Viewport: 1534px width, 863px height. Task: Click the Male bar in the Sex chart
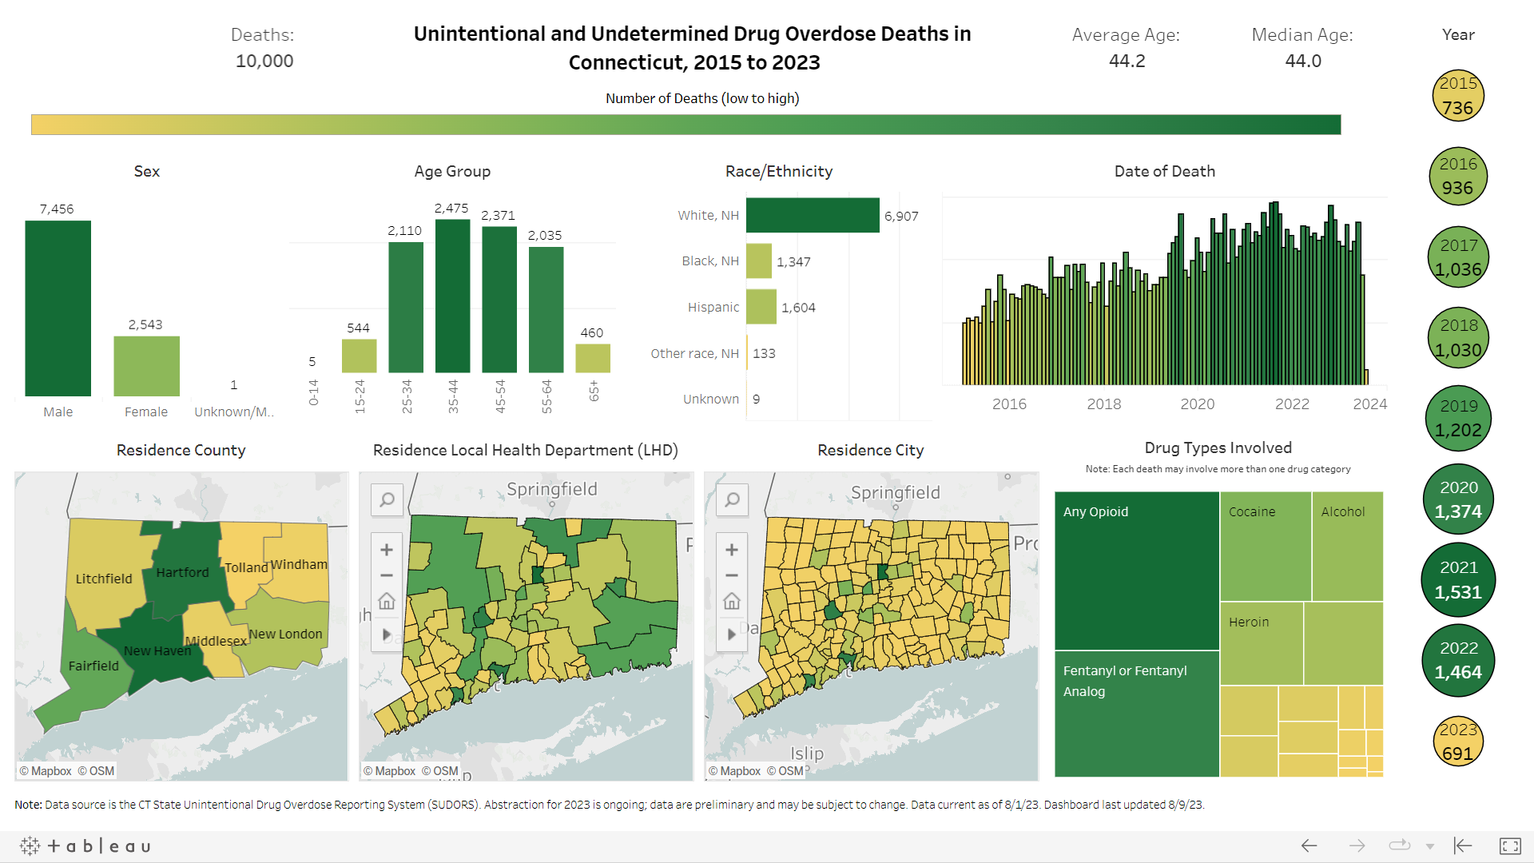[x=58, y=308]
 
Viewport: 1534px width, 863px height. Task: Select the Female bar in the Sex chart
[x=146, y=366]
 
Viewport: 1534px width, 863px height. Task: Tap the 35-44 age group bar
[x=452, y=296]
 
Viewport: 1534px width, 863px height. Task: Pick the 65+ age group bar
[x=593, y=358]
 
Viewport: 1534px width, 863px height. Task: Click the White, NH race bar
[x=813, y=216]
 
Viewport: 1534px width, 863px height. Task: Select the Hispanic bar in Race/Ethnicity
[x=761, y=308]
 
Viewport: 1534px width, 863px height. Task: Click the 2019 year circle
[x=1458, y=418]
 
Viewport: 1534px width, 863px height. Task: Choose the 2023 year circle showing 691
[x=1458, y=742]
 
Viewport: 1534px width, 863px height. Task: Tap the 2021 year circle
[x=1458, y=580]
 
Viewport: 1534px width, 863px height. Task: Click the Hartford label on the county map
[x=182, y=572]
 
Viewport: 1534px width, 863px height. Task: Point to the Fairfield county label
[x=93, y=666]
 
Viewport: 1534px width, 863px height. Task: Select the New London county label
[x=285, y=634]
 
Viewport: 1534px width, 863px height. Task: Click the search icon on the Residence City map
[x=732, y=500]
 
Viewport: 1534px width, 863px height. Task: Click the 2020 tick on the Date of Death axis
[x=1197, y=404]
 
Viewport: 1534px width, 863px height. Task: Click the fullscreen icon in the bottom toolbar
[x=1510, y=845]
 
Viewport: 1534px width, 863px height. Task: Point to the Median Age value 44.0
[x=1302, y=61]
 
